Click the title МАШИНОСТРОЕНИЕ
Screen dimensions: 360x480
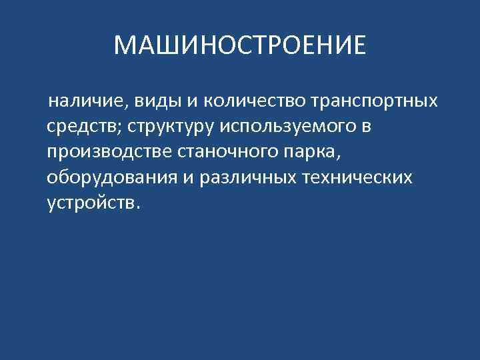(240, 45)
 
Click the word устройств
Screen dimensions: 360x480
(89, 203)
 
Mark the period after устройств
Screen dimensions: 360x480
(138, 207)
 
